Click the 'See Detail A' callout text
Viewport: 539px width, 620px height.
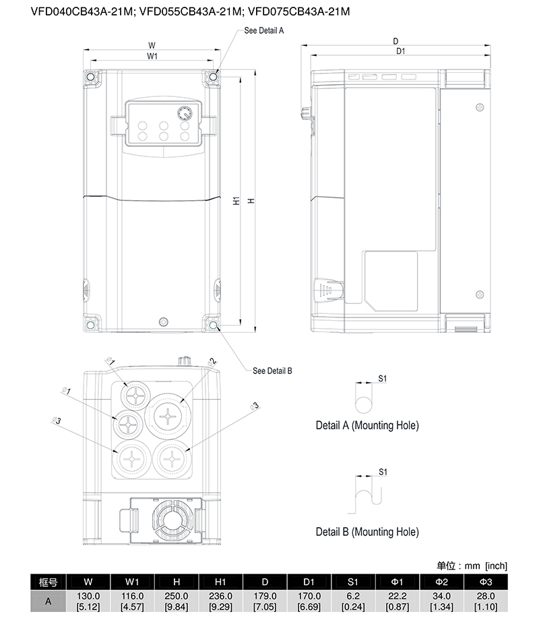pyautogui.click(x=263, y=30)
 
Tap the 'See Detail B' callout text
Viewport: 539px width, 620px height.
pyautogui.click(x=272, y=371)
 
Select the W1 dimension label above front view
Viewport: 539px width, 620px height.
pyautogui.click(x=152, y=56)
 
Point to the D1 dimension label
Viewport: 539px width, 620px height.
pyautogui.click(x=401, y=51)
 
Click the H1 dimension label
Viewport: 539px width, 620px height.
pyautogui.click(x=236, y=200)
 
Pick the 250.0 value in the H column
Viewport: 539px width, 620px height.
pyautogui.click(x=177, y=596)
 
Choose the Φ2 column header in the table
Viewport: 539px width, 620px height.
pyautogui.click(x=441, y=582)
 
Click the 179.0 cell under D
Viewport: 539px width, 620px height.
pyautogui.click(x=265, y=596)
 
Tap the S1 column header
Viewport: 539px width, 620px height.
pyautogui.click(x=353, y=582)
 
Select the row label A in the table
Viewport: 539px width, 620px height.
pyautogui.click(x=48, y=601)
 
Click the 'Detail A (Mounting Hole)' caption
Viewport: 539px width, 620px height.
pyautogui.click(x=367, y=425)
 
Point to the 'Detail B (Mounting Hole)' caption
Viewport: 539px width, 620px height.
pyautogui.click(x=367, y=532)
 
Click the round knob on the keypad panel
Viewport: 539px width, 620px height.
pyautogui.click(x=185, y=113)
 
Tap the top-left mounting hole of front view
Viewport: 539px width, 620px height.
pyautogui.click(x=90, y=76)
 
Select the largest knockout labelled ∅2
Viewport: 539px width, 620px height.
pyautogui.click(x=168, y=416)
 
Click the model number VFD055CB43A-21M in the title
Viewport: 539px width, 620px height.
pyautogui.click(x=190, y=11)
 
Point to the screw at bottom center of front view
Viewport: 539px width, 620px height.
pyautogui.click(x=163, y=322)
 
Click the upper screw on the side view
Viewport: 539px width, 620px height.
pyautogui.click(x=480, y=108)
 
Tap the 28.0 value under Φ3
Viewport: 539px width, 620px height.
pyautogui.click(x=486, y=596)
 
